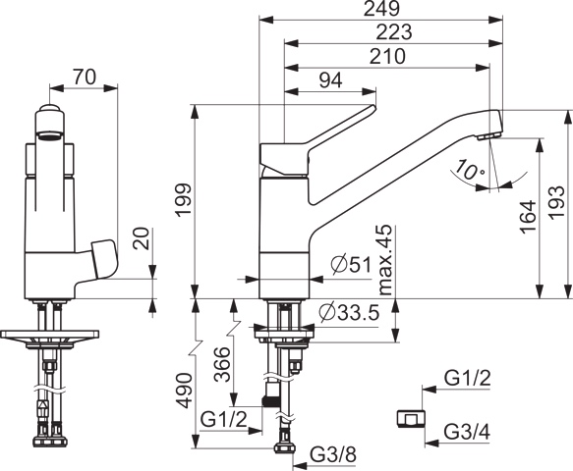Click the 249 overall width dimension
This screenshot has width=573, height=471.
[382, 9]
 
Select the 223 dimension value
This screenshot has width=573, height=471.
[394, 32]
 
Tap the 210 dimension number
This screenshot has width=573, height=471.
[387, 57]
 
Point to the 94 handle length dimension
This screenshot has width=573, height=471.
[330, 80]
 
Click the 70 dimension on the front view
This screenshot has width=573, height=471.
[85, 77]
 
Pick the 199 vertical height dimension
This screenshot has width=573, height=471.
[184, 200]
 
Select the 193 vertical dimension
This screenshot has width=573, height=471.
[557, 203]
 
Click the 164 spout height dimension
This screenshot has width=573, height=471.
[529, 217]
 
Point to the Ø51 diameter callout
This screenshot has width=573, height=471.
[351, 265]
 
